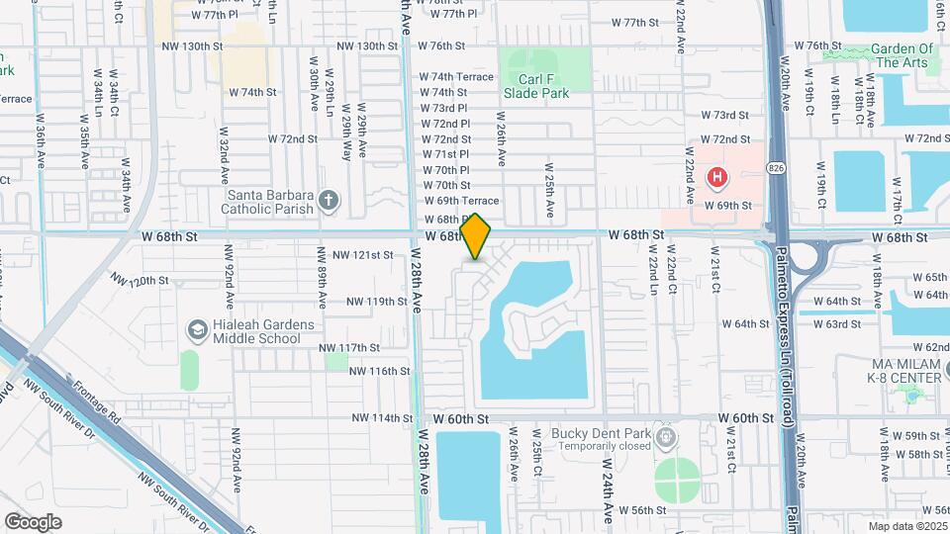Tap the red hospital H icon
pos(715,178)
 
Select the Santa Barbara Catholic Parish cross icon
pos(329,203)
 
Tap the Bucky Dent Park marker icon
pos(668,434)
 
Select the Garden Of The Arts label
pos(900,55)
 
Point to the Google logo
pos(33,521)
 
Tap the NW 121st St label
pos(362,255)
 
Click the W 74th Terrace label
pos(455,76)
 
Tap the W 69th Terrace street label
pos(460,201)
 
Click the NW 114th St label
pos(381,418)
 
